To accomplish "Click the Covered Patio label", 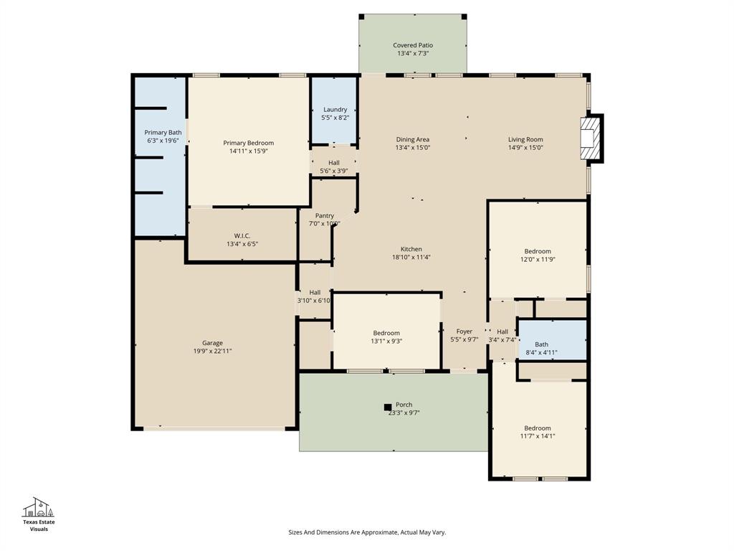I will [413, 45].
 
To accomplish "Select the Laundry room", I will [335, 113].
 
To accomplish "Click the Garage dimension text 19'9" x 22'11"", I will [212, 351].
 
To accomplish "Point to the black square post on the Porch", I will [388, 407].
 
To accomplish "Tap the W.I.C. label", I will [242, 235].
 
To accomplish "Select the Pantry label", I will [325, 215].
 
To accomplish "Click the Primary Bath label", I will [163, 132].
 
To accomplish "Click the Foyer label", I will [464, 331].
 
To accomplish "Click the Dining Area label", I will [413, 139].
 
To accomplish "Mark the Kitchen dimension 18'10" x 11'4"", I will [411, 257].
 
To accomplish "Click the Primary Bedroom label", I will [248, 143].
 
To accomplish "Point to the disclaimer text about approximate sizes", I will [367, 532].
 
